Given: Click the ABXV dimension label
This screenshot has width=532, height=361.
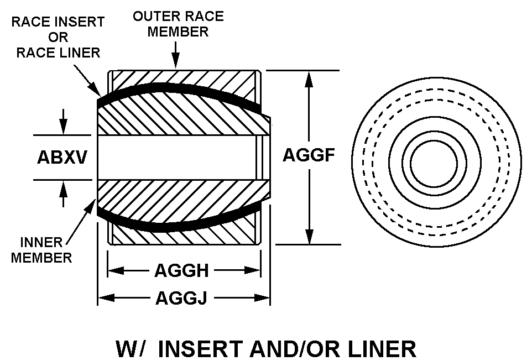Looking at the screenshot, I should click(62, 158).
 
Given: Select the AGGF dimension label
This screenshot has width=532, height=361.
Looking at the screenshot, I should click(309, 155).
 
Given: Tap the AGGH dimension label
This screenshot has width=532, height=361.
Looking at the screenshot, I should click(181, 271).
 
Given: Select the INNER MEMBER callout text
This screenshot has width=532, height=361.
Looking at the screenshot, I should click(42, 250).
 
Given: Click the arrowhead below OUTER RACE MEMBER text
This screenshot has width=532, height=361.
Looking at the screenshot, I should click(175, 62).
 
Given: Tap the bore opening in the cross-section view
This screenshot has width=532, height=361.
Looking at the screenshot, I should click(177, 158).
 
